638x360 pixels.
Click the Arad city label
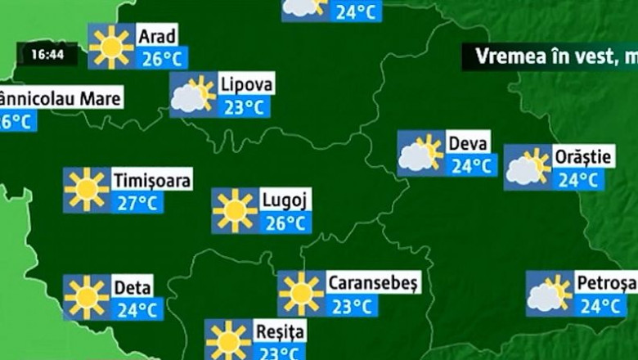click(157, 36)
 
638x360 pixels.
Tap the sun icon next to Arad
click(111, 47)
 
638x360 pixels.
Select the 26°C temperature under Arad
click(162, 58)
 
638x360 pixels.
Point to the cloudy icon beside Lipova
click(192, 95)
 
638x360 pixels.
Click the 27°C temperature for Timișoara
click(137, 202)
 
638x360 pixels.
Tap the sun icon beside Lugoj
click(235, 210)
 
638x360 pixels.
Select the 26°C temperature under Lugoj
click(285, 222)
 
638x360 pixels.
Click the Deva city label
click(469, 143)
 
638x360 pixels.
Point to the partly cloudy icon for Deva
click(420, 153)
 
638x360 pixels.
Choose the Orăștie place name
click(582, 156)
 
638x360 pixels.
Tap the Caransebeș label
click(373, 283)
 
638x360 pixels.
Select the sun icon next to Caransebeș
click(301, 293)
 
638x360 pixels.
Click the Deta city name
click(132, 287)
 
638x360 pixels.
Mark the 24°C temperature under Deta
click(137, 309)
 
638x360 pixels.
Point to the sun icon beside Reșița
click(228, 340)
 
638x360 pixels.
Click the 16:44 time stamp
click(48, 56)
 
